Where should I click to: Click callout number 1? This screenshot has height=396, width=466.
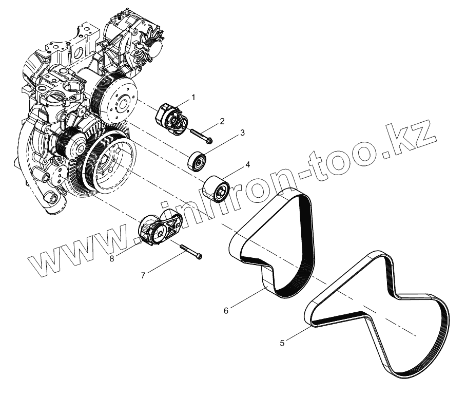pyautogui.click(x=193, y=96)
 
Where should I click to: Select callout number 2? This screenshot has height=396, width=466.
pyautogui.click(x=222, y=121)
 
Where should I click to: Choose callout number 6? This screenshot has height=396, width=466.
pyautogui.click(x=226, y=310)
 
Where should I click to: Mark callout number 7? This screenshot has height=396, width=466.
pyautogui.click(x=143, y=275)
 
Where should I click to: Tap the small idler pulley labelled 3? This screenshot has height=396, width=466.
pyautogui.click(x=197, y=160)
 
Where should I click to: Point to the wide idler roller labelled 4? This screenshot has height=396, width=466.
pyautogui.click(x=216, y=190)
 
